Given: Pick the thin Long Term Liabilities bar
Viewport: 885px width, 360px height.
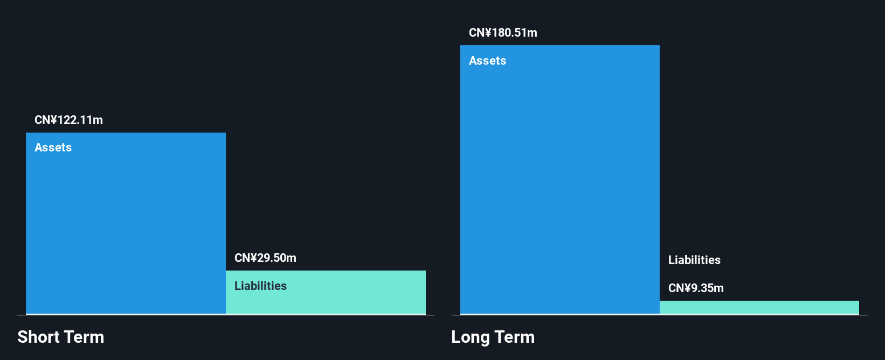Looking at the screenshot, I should click(x=759, y=307).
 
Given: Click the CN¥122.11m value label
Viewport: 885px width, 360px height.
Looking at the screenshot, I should click(x=68, y=120).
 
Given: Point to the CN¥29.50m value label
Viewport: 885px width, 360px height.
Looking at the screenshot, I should click(x=265, y=258).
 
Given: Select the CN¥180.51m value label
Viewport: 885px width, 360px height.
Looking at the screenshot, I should click(x=503, y=33).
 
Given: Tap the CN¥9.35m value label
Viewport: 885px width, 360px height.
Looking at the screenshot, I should click(x=696, y=288).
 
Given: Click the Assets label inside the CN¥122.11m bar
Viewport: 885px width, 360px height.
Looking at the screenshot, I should click(x=53, y=148).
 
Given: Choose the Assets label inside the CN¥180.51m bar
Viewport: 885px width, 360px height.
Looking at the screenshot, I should click(x=487, y=61).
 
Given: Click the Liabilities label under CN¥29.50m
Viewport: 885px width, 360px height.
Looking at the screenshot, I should click(x=260, y=286).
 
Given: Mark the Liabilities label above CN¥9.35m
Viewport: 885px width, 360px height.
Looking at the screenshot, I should click(x=694, y=260).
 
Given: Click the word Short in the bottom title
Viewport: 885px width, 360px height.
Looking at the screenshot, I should click(x=38, y=337).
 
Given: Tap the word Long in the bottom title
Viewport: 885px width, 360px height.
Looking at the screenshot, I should click(x=471, y=337).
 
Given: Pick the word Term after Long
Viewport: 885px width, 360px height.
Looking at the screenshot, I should click(x=515, y=337).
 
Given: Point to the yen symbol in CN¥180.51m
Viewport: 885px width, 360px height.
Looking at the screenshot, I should click(x=488, y=33).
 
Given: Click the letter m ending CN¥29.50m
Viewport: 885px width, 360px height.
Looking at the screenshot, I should click(x=292, y=258).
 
